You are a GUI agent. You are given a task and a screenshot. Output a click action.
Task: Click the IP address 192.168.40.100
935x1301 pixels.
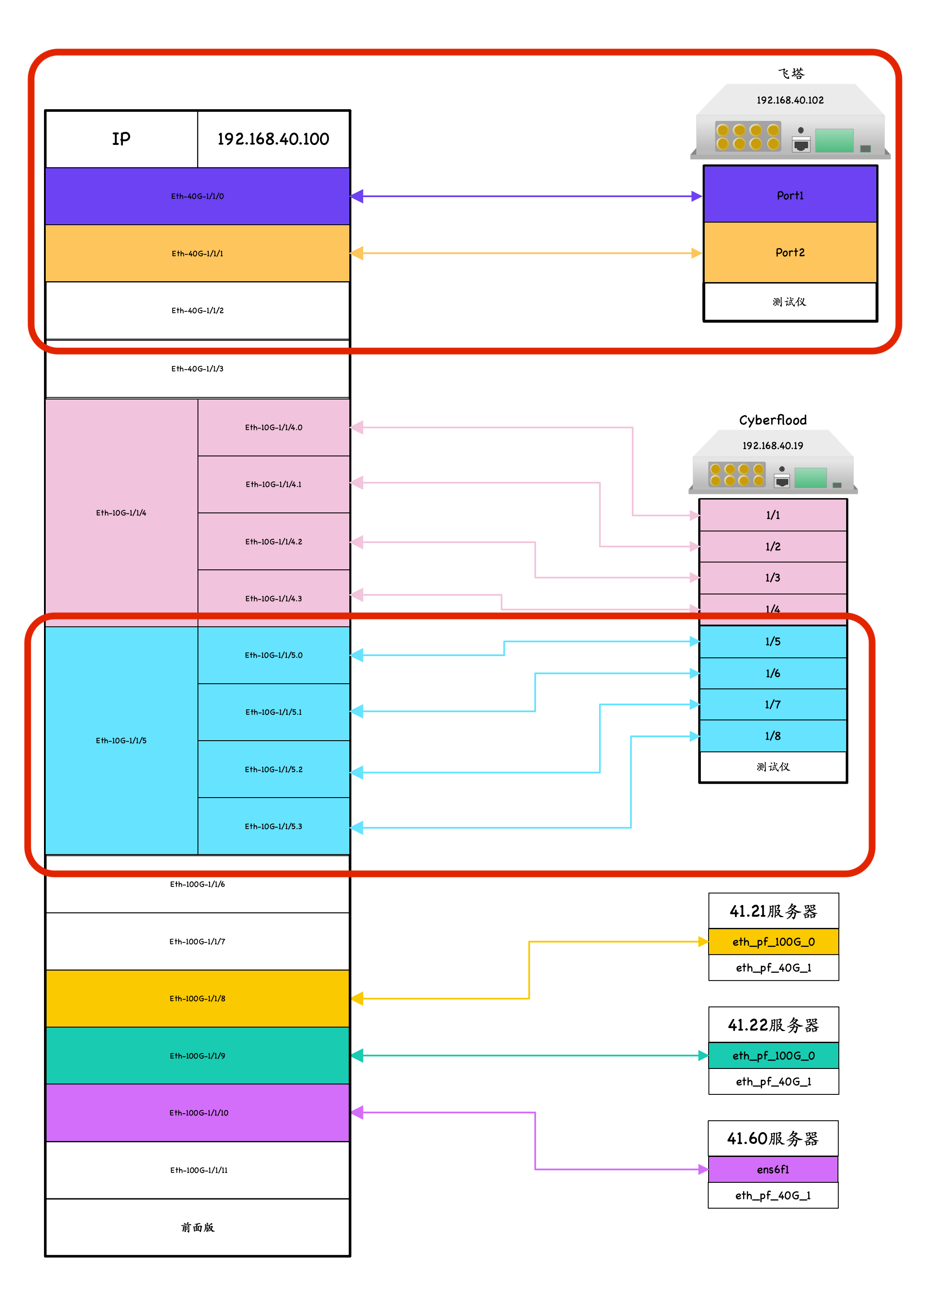273,139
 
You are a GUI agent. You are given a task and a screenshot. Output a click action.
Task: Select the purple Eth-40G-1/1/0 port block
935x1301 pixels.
198,196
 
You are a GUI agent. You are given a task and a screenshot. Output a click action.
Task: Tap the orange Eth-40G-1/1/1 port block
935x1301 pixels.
198,253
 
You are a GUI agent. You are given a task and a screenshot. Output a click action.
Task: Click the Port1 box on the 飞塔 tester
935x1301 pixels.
790,195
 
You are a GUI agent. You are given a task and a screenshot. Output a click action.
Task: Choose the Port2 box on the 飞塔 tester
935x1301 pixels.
790,252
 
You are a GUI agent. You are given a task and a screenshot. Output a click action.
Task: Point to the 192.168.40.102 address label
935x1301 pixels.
790,100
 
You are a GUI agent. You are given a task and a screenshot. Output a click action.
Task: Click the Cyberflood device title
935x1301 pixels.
773,420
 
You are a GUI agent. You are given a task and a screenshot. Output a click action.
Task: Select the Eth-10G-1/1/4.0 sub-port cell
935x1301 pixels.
273,427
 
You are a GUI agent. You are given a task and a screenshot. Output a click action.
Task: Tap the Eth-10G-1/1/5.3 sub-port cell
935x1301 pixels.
273,826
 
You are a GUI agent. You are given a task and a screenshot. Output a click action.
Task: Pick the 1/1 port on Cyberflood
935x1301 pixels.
773,515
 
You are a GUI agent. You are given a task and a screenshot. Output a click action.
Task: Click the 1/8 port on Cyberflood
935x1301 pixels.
773,736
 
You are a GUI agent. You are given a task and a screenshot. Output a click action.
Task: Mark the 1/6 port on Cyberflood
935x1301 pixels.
773,673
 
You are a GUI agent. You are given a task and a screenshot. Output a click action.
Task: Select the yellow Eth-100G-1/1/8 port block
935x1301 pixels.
198,998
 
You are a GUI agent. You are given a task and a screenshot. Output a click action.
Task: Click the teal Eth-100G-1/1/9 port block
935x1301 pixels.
198,1056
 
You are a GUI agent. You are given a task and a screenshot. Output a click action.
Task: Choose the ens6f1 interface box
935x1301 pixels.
773,1169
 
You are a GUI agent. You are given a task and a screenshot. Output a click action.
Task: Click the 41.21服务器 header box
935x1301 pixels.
773,911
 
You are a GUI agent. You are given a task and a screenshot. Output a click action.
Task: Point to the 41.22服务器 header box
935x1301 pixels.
773,1024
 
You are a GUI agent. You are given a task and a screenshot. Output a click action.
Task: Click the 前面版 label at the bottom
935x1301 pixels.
198,1227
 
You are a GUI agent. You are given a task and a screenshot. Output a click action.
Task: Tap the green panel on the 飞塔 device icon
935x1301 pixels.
834,141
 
